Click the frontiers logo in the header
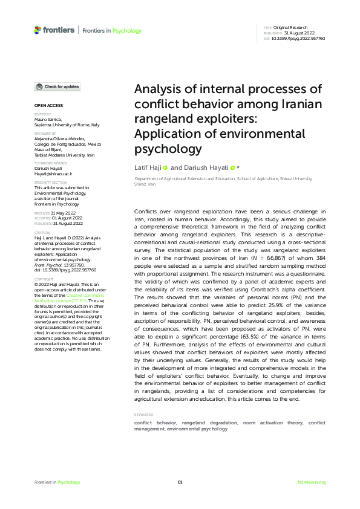tap(54, 30)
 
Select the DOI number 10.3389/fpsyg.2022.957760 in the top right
tap(299, 38)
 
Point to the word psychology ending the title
tap(167, 148)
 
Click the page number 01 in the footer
tap(180, 482)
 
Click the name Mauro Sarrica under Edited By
tap(49, 119)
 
